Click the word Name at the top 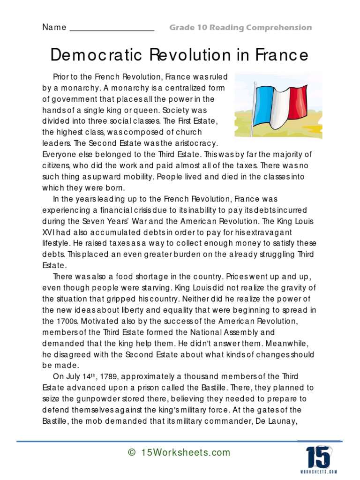point(54,27)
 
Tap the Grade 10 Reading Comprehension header point(240,28)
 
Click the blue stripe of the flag point(264,103)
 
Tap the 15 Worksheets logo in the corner point(322,457)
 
